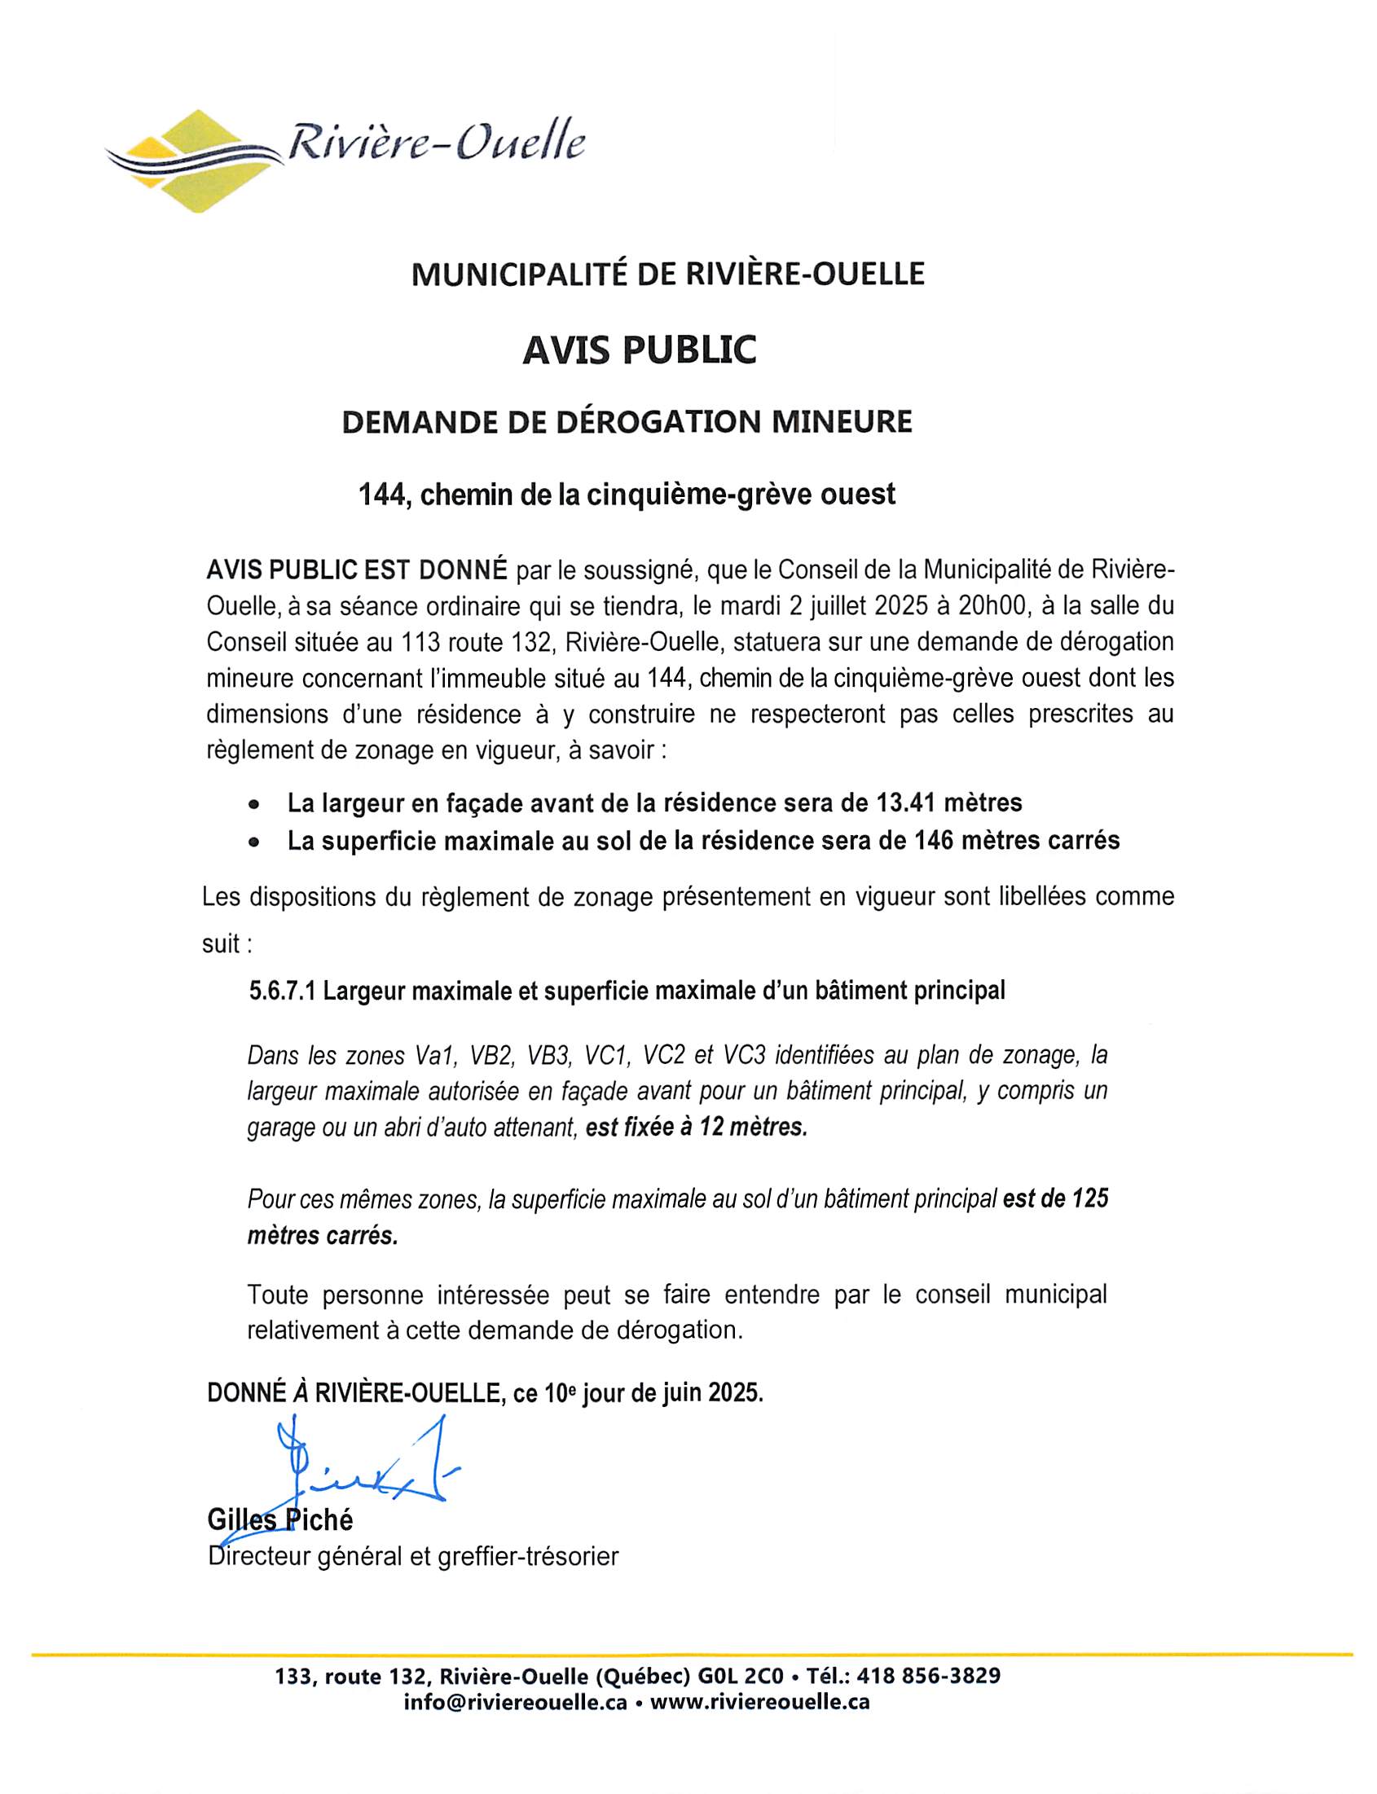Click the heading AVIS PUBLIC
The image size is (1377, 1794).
click(640, 350)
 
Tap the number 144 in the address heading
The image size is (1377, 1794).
click(382, 495)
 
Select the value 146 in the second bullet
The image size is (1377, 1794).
click(935, 841)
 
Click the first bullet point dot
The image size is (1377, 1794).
click(256, 804)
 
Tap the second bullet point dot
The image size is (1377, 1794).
click(256, 842)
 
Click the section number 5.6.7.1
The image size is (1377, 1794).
click(282, 991)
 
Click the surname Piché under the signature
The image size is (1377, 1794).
click(319, 1520)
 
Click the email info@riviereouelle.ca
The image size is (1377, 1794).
click(515, 1701)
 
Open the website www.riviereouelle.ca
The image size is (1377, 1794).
click(760, 1701)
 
